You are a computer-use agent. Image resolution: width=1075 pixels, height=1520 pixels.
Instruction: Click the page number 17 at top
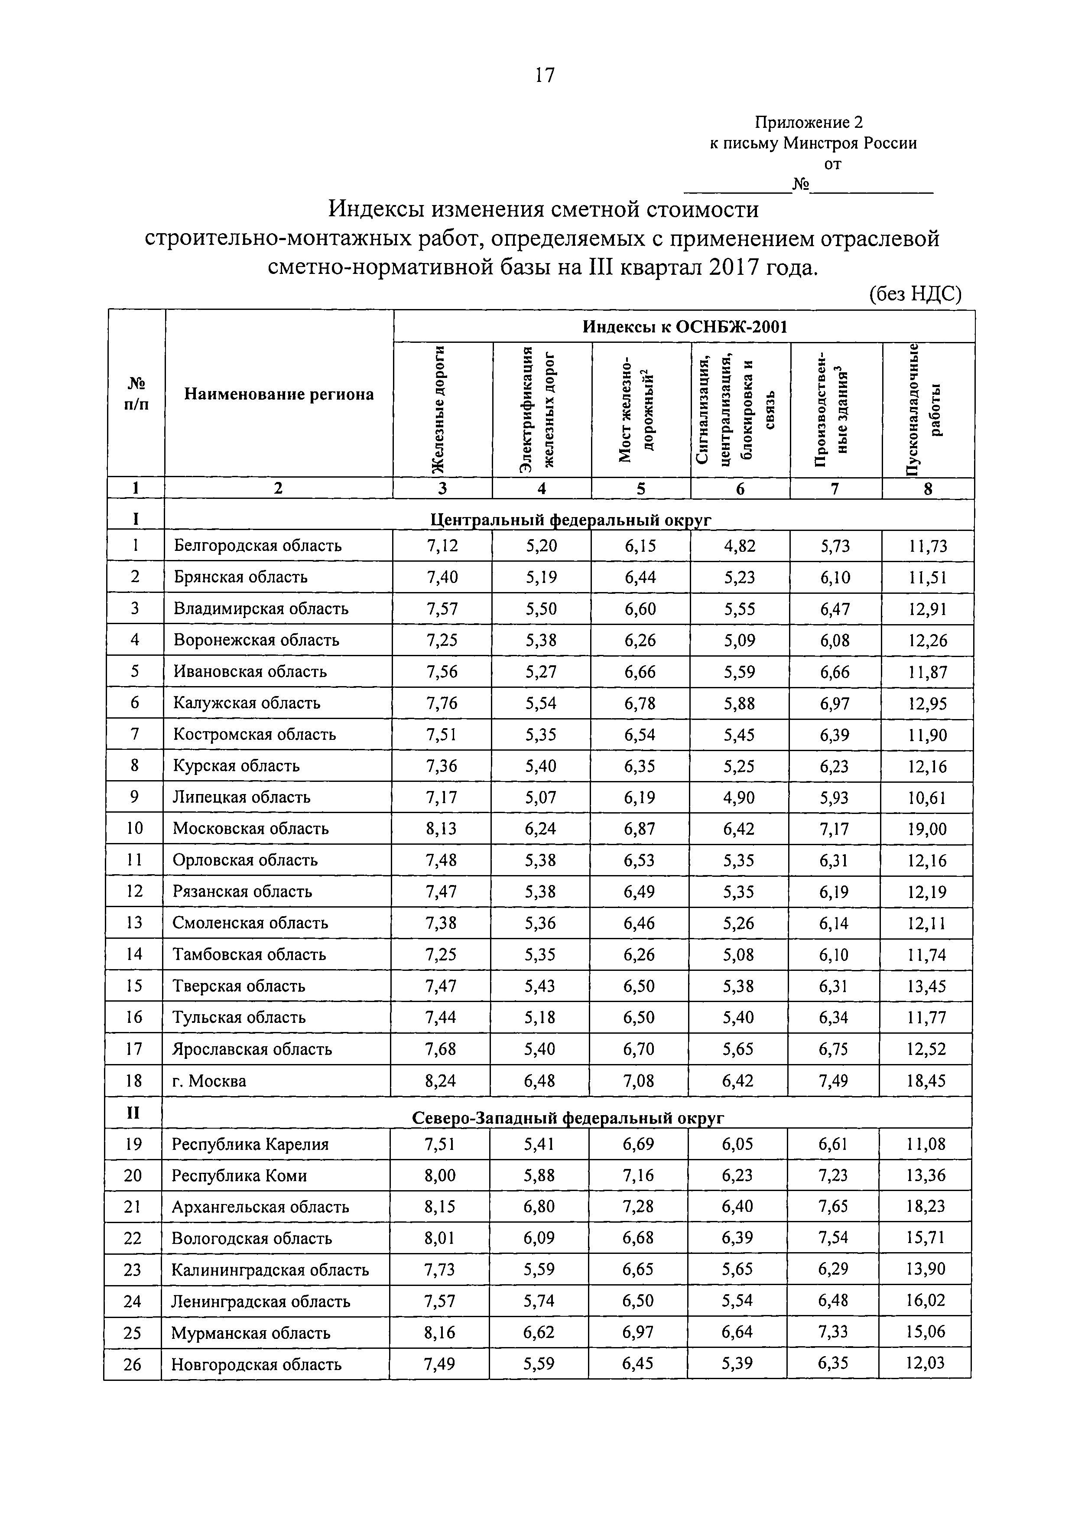pos(544,75)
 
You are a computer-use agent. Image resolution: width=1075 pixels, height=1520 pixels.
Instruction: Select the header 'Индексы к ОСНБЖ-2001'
pos(685,327)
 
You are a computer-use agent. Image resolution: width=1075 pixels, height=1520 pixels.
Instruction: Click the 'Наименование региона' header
pos(279,394)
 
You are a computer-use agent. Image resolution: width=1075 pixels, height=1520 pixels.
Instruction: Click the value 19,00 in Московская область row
pos(927,829)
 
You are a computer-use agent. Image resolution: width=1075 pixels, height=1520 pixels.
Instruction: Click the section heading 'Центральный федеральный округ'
pos(571,520)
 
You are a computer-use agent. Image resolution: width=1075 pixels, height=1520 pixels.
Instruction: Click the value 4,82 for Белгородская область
pos(739,546)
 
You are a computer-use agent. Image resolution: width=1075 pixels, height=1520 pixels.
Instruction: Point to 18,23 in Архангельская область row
pos(926,1207)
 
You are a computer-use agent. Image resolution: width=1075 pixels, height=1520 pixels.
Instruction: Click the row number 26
pos(133,1364)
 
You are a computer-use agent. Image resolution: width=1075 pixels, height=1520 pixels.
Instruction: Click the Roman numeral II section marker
pos(133,1113)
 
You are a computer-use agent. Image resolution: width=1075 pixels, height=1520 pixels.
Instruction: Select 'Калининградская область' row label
pos(270,1270)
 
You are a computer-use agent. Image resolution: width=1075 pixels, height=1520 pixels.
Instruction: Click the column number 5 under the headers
pos(640,488)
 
